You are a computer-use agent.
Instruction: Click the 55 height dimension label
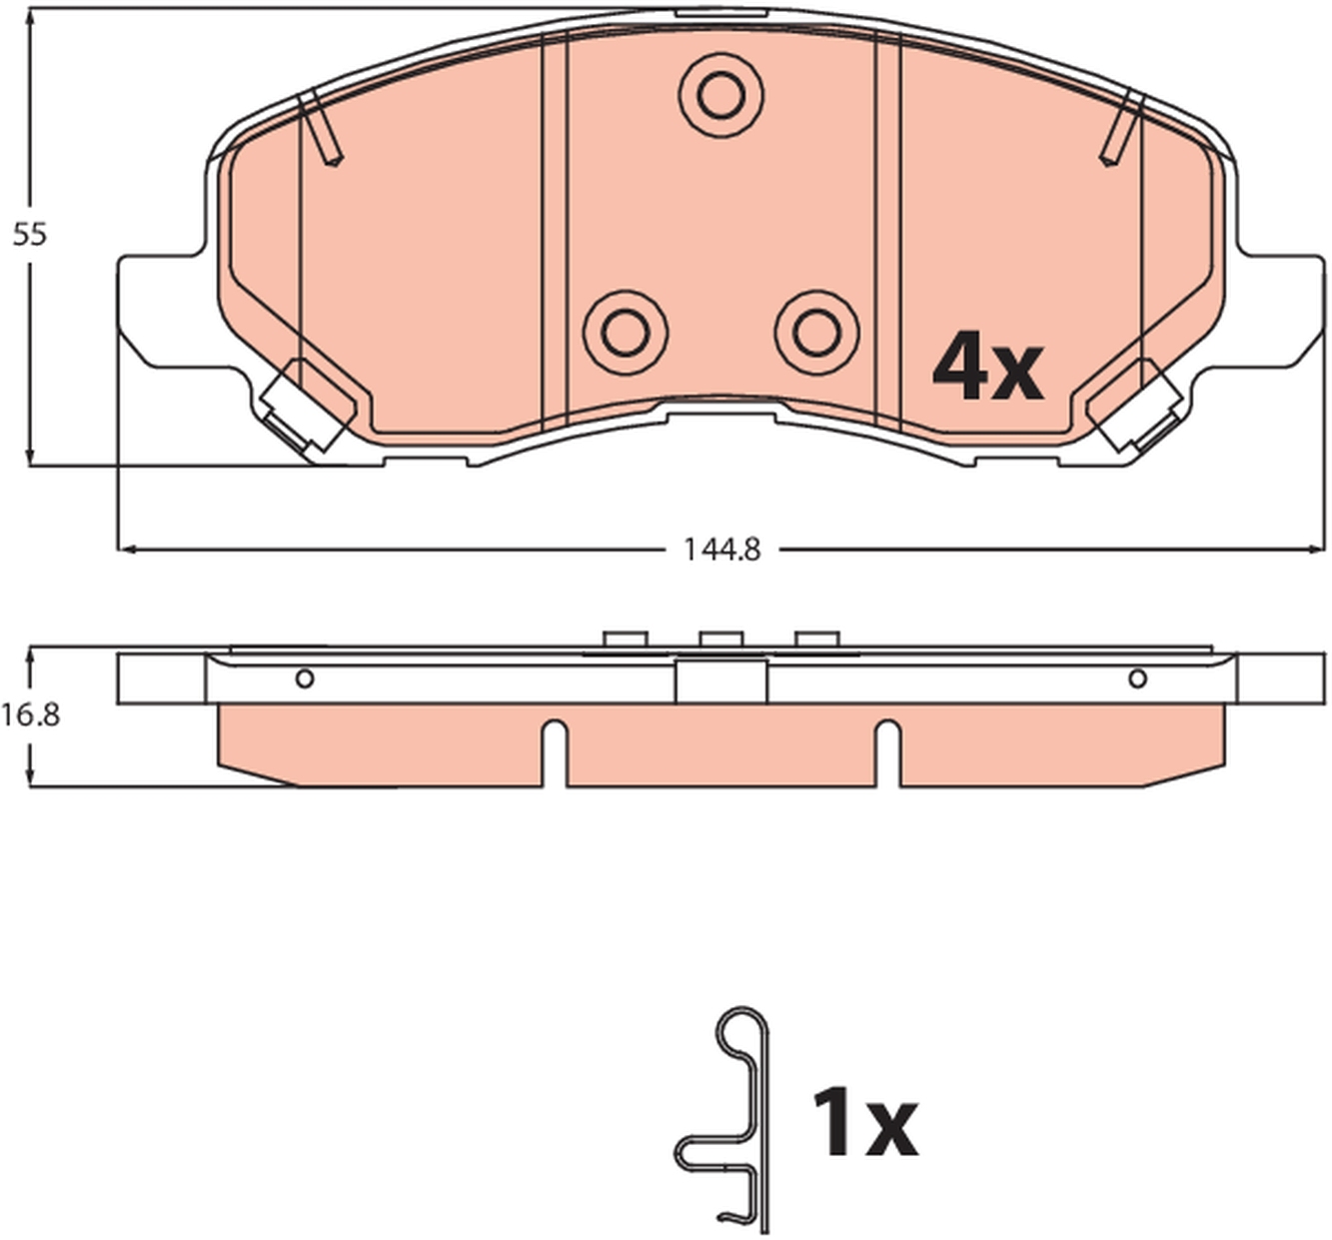pyautogui.click(x=30, y=236)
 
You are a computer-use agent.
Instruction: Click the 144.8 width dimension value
pyautogui.click(x=721, y=551)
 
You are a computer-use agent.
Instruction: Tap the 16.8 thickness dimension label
pyautogui.click(x=30, y=715)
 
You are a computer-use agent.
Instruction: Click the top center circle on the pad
pyautogui.click(x=721, y=97)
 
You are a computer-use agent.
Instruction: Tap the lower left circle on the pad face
pyautogui.click(x=626, y=332)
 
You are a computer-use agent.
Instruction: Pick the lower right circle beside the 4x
pyautogui.click(x=817, y=332)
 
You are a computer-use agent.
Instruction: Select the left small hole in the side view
pyautogui.click(x=305, y=679)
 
